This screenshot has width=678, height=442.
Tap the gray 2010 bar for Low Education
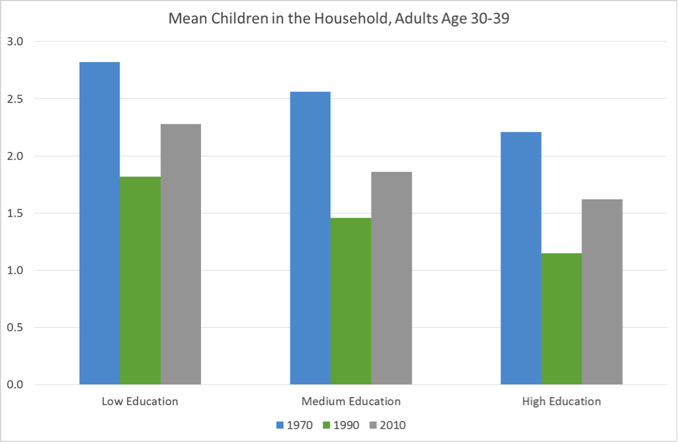point(181,254)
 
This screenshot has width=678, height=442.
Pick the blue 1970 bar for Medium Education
point(310,238)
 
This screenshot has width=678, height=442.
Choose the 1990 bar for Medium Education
point(351,301)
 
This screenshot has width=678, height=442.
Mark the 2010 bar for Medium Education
point(392,278)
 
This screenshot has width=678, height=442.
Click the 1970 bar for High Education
point(521,258)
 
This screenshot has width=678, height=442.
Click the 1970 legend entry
point(290,425)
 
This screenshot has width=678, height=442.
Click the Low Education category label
point(140,401)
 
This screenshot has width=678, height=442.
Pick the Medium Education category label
point(351,401)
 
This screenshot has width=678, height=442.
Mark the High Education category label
point(562,401)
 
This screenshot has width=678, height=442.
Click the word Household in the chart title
point(333,19)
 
